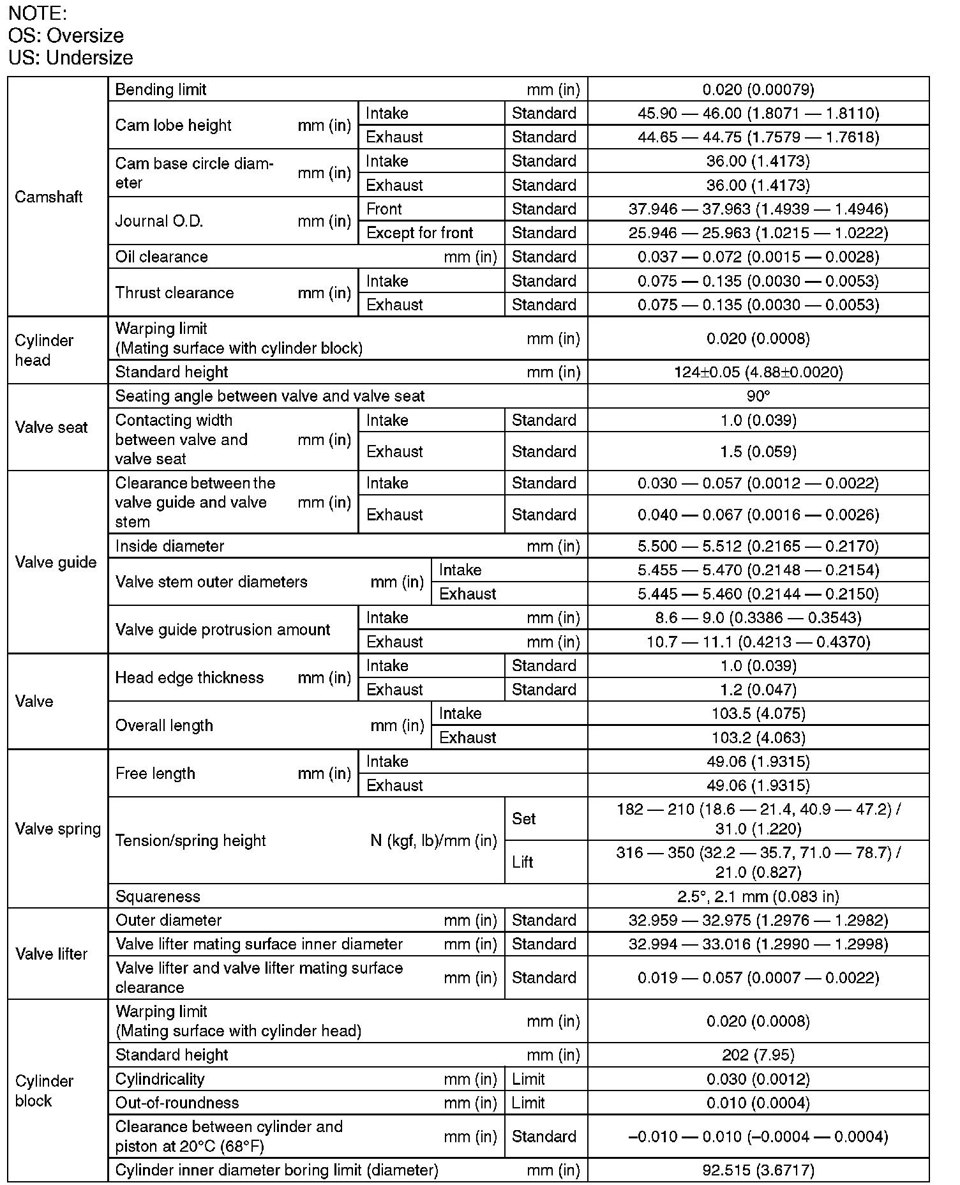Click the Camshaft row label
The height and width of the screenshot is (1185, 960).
pyautogui.click(x=49, y=197)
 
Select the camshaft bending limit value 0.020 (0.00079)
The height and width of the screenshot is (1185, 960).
pyautogui.click(x=758, y=89)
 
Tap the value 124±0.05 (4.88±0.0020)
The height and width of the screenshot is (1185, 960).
pyautogui.click(x=758, y=372)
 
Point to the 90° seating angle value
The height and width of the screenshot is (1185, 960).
pyautogui.click(x=758, y=396)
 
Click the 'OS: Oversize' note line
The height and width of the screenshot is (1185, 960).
pyautogui.click(x=66, y=35)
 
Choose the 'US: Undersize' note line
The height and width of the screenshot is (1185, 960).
pyautogui.click(x=71, y=57)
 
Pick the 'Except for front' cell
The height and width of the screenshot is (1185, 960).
pyautogui.click(x=419, y=233)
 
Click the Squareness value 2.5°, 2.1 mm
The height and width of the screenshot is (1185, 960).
pyautogui.click(x=758, y=896)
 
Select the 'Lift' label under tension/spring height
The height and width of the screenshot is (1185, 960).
pyautogui.click(x=522, y=862)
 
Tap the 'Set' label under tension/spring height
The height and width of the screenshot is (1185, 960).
pyautogui.click(x=523, y=819)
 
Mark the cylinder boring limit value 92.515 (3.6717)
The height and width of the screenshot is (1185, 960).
pyautogui.click(x=758, y=1170)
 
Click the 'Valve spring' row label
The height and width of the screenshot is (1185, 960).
pyautogui.click(x=58, y=829)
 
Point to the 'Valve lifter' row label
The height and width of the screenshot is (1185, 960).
pyautogui.click(x=51, y=954)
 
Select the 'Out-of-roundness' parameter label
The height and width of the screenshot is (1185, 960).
pyautogui.click(x=177, y=1103)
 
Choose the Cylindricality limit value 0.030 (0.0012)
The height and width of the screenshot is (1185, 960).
pyautogui.click(x=758, y=1079)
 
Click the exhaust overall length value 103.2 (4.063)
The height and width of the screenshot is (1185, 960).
pyautogui.click(x=758, y=737)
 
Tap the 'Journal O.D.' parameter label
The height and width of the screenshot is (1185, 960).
pyautogui.click(x=159, y=221)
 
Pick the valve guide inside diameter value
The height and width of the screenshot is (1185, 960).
pyautogui.click(x=758, y=547)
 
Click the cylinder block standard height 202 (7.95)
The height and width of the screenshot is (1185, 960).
pyautogui.click(x=758, y=1055)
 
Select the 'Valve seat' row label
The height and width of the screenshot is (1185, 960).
pyautogui.click(x=51, y=427)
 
